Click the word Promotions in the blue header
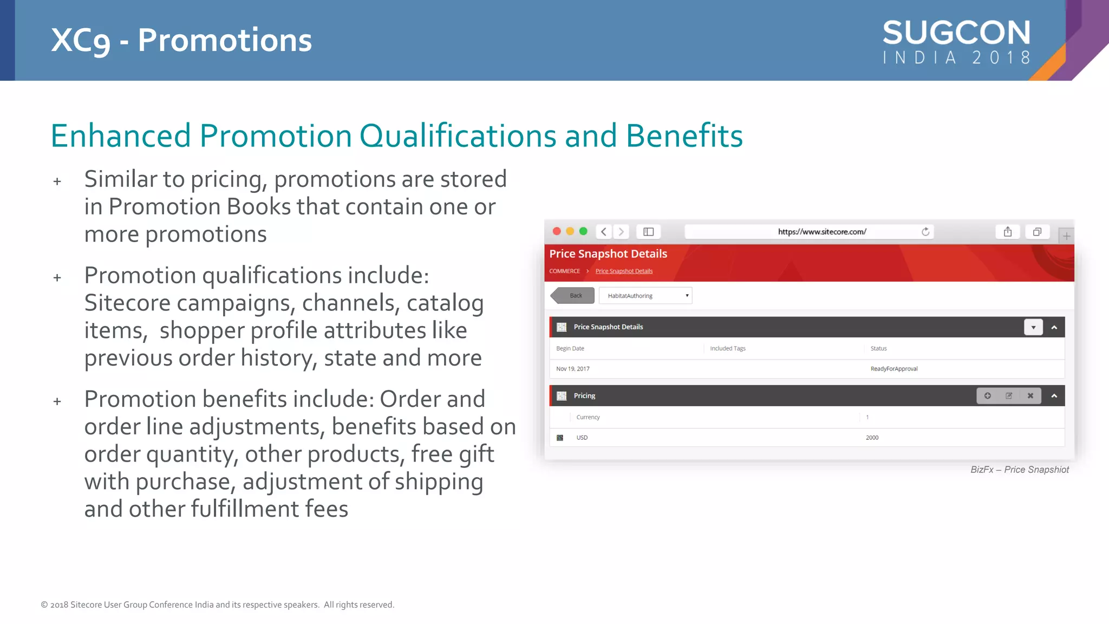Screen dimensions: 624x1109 click(x=225, y=40)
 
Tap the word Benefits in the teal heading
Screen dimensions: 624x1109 click(x=684, y=135)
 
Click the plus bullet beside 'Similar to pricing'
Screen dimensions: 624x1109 click(x=57, y=181)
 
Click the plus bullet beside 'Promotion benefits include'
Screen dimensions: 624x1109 click(x=57, y=401)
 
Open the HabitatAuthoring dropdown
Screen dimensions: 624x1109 click(x=645, y=296)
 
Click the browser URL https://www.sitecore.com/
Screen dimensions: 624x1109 click(x=821, y=232)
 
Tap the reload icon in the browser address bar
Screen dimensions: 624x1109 click(x=925, y=232)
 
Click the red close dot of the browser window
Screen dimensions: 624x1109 click(x=556, y=231)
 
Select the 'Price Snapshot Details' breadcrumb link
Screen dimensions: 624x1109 click(x=624, y=271)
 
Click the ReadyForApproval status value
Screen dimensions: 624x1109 click(x=893, y=369)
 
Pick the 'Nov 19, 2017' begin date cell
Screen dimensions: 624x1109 click(x=572, y=369)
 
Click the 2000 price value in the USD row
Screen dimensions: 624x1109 click(x=872, y=438)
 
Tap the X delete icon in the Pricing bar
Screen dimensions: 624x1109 click(x=1030, y=396)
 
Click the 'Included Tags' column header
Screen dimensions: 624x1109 click(x=727, y=349)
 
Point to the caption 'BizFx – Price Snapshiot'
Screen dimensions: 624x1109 click(x=1019, y=470)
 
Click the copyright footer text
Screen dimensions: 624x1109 click(x=217, y=605)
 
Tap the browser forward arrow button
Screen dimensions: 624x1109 click(x=621, y=232)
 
